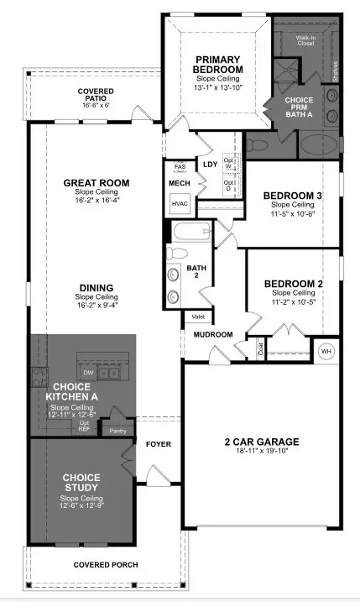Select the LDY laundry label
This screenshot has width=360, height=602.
tap(210, 165)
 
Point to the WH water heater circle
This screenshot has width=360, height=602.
tap(326, 350)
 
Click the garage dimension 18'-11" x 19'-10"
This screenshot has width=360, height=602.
tap(263, 453)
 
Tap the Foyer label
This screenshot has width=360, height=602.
tap(159, 443)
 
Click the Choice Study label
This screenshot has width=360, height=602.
tap(81, 482)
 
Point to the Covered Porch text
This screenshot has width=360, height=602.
tap(106, 565)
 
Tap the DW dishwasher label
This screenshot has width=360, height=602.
tap(86, 371)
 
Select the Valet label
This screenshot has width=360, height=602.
tap(198, 317)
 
